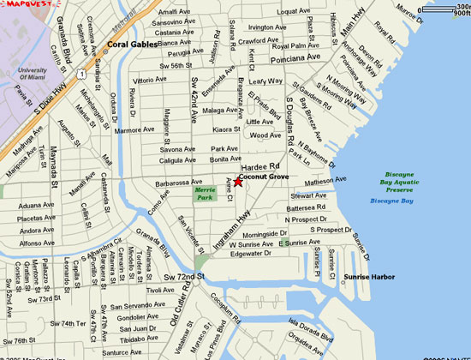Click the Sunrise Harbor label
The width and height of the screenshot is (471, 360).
click(x=368, y=277)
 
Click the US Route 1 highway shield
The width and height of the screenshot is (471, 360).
click(x=79, y=64)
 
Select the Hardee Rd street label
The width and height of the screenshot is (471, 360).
click(x=260, y=166)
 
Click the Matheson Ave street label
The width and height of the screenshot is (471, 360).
click(x=325, y=182)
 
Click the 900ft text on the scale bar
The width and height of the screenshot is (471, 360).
click(x=460, y=14)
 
